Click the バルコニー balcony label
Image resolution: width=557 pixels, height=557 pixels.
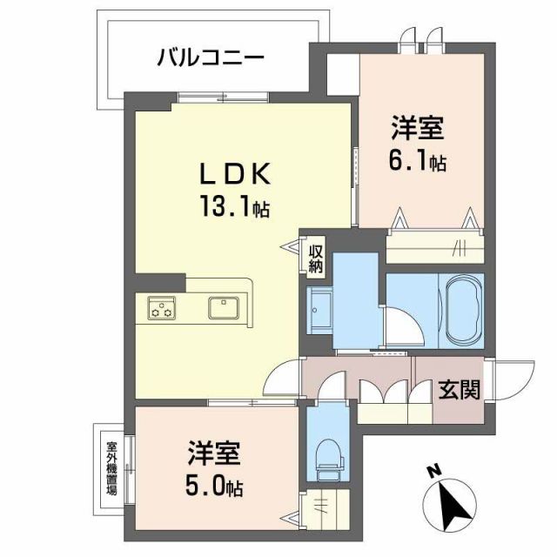pyautogui.click(x=211, y=60)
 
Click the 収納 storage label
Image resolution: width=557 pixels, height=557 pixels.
pyautogui.click(x=315, y=258)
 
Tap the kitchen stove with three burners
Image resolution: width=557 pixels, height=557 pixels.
pyautogui.click(x=162, y=307)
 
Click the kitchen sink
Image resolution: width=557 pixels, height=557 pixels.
pyautogui.click(x=225, y=307)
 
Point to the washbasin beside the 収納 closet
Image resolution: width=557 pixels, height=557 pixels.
pyautogui.click(x=319, y=305)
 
